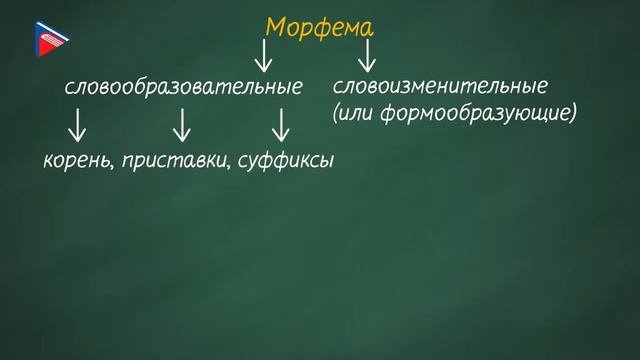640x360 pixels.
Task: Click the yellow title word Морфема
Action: [320, 27]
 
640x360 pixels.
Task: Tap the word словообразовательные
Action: [183, 88]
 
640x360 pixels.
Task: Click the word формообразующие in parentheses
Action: [479, 114]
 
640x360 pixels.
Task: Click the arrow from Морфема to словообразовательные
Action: [266, 56]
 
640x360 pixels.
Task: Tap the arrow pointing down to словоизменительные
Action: [368, 56]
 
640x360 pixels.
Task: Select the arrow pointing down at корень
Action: [76, 125]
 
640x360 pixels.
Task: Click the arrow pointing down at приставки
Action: [181, 125]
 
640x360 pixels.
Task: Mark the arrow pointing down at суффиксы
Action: [281, 125]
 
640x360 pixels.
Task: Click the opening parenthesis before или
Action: [335, 114]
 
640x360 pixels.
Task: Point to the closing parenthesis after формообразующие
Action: [575, 114]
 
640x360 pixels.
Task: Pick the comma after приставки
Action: [232, 165]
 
